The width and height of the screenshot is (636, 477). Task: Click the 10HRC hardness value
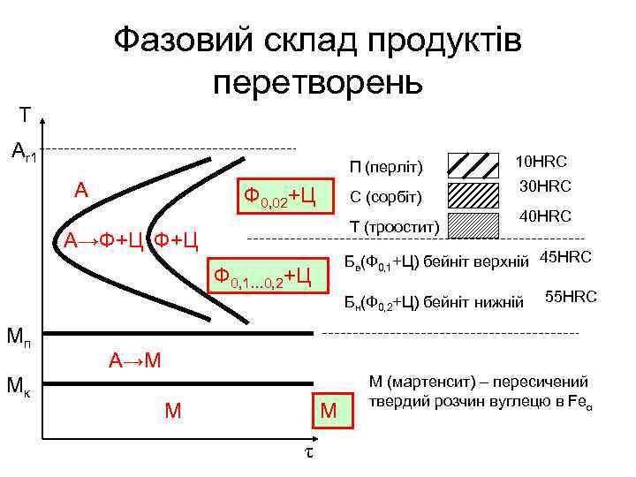(x=541, y=162)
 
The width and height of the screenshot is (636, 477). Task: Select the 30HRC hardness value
(x=545, y=186)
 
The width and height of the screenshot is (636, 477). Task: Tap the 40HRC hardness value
(x=545, y=216)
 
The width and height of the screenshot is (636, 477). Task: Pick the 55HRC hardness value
(x=571, y=297)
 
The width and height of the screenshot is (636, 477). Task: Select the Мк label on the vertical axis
(x=20, y=385)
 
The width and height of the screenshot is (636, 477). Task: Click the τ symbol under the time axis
(x=308, y=450)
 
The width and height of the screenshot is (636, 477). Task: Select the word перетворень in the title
(x=318, y=82)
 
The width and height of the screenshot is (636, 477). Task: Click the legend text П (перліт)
(x=386, y=167)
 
